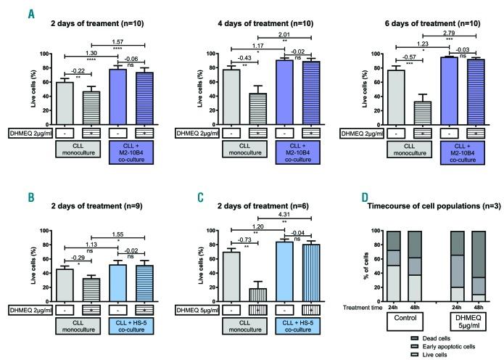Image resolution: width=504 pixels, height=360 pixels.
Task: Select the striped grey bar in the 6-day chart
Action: click(416, 114)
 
